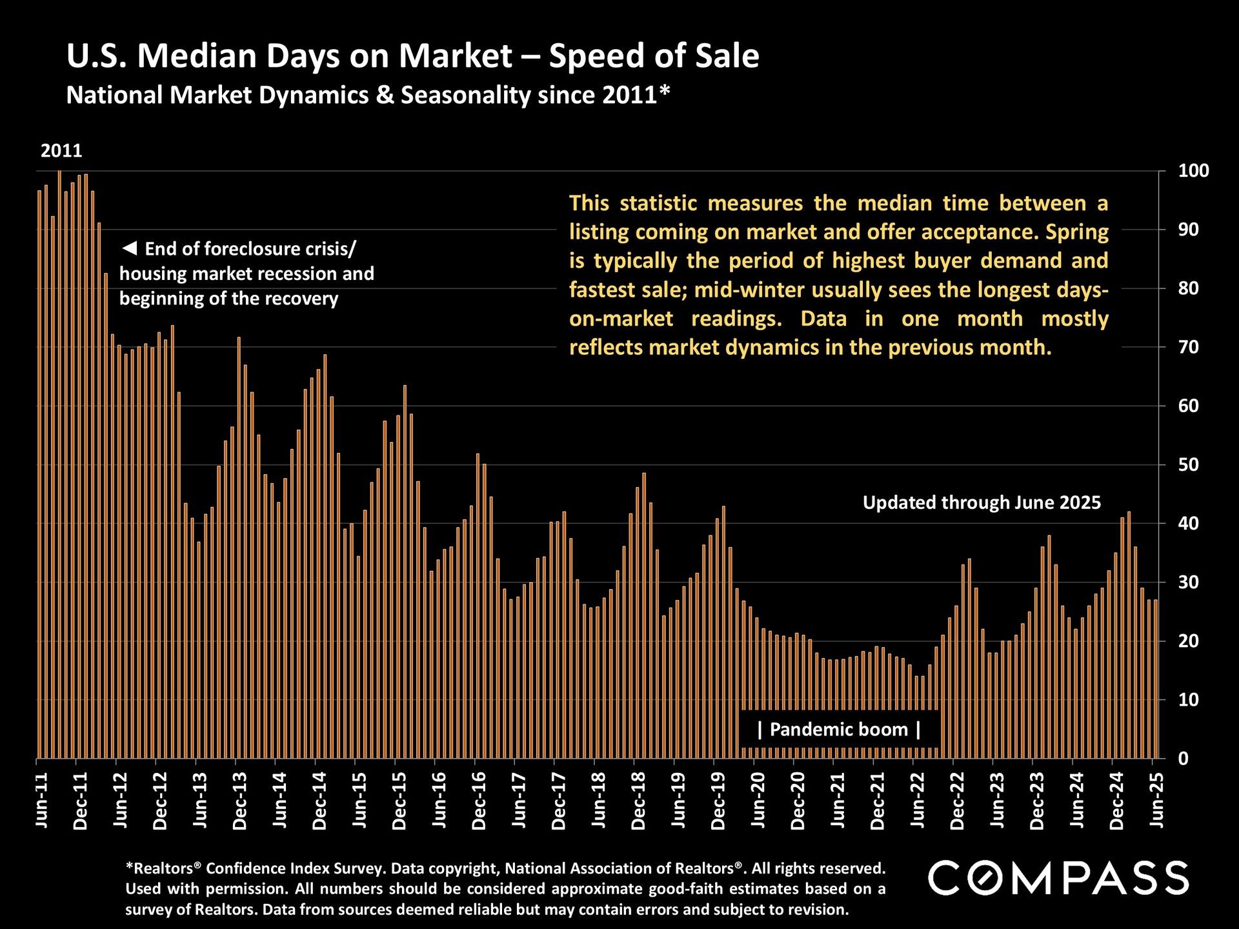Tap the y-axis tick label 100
coord(1193,171)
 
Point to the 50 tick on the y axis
coord(1189,464)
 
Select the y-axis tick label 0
coord(1184,759)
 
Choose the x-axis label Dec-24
coord(1117,800)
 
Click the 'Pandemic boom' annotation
coord(839,730)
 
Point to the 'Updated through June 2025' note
coord(982,503)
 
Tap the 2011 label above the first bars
coord(61,151)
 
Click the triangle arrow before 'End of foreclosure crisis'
coord(130,248)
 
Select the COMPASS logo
coord(1058,877)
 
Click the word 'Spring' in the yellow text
coord(1077,232)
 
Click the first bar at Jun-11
coord(39,474)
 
